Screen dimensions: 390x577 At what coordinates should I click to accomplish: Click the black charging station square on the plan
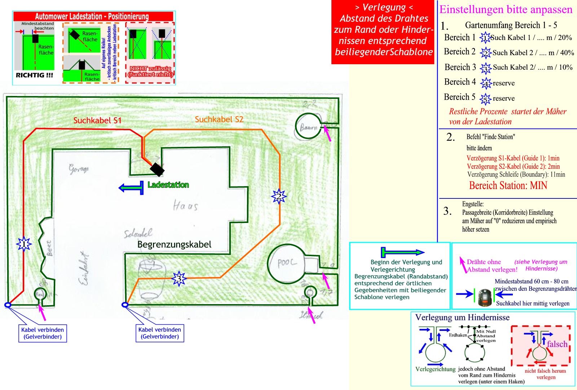click(x=157, y=169)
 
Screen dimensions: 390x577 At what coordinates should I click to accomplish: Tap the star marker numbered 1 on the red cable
click(x=24, y=244)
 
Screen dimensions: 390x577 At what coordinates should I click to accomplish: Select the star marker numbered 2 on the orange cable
click(x=278, y=197)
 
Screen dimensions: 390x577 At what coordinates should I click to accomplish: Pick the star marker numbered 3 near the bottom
click(x=179, y=279)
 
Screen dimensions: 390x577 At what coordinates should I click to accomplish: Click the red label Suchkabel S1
click(x=97, y=120)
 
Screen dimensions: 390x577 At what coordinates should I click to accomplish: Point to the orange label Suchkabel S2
click(x=219, y=119)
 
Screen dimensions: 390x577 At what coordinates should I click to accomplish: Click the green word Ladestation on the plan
click(x=168, y=185)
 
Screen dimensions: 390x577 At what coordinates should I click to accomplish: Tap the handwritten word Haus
click(x=185, y=206)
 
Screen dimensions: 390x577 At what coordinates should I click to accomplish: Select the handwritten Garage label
click(x=79, y=168)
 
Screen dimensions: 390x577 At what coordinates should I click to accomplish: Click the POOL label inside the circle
click(x=287, y=263)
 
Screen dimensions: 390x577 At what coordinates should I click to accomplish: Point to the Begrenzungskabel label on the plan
click(x=174, y=245)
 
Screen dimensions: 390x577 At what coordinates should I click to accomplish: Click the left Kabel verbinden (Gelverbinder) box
click(x=43, y=333)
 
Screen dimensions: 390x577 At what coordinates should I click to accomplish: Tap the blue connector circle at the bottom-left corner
click(x=8, y=305)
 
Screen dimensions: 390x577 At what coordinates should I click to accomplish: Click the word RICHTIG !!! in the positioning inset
click(x=34, y=75)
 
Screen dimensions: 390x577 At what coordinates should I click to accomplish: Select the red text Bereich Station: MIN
click(x=508, y=185)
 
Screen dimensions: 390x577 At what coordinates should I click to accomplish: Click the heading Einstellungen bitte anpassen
click(x=506, y=10)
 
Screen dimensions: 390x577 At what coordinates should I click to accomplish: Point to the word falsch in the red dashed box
click(x=557, y=344)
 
